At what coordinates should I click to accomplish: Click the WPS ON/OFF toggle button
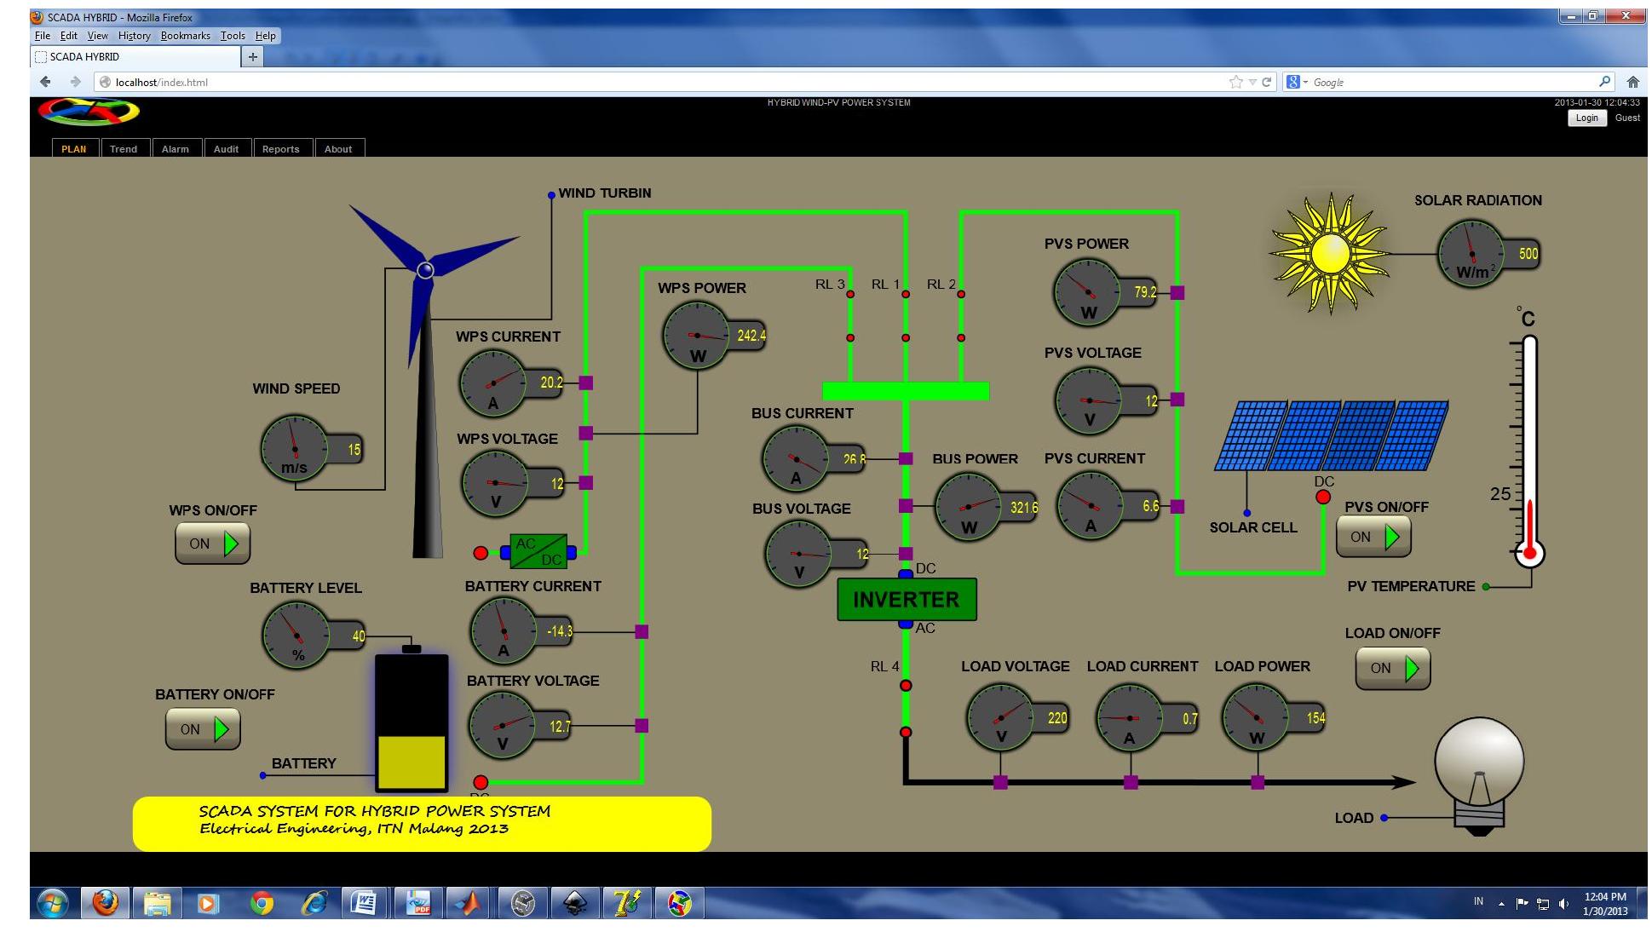click(212, 544)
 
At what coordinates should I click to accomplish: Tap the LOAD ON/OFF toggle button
click(1392, 668)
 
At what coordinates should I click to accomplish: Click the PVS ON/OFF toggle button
click(1373, 537)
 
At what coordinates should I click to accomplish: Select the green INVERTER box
click(906, 600)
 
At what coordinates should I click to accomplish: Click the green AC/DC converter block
click(538, 552)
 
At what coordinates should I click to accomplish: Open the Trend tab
click(124, 149)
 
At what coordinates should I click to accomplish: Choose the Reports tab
click(280, 149)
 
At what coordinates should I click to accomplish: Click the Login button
click(1586, 118)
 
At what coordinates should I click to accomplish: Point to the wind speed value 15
click(354, 450)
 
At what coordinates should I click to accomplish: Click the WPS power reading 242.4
click(751, 336)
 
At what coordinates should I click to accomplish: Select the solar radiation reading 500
click(1528, 254)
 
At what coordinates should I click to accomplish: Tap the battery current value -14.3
click(559, 631)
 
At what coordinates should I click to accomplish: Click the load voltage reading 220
click(1056, 718)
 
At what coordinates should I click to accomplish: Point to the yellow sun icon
click(1330, 253)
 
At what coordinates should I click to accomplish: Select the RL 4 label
click(884, 666)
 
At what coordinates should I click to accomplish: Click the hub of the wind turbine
click(425, 270)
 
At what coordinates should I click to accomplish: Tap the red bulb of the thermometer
click(1529, 553)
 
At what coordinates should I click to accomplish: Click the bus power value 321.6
click(1023, 508)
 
